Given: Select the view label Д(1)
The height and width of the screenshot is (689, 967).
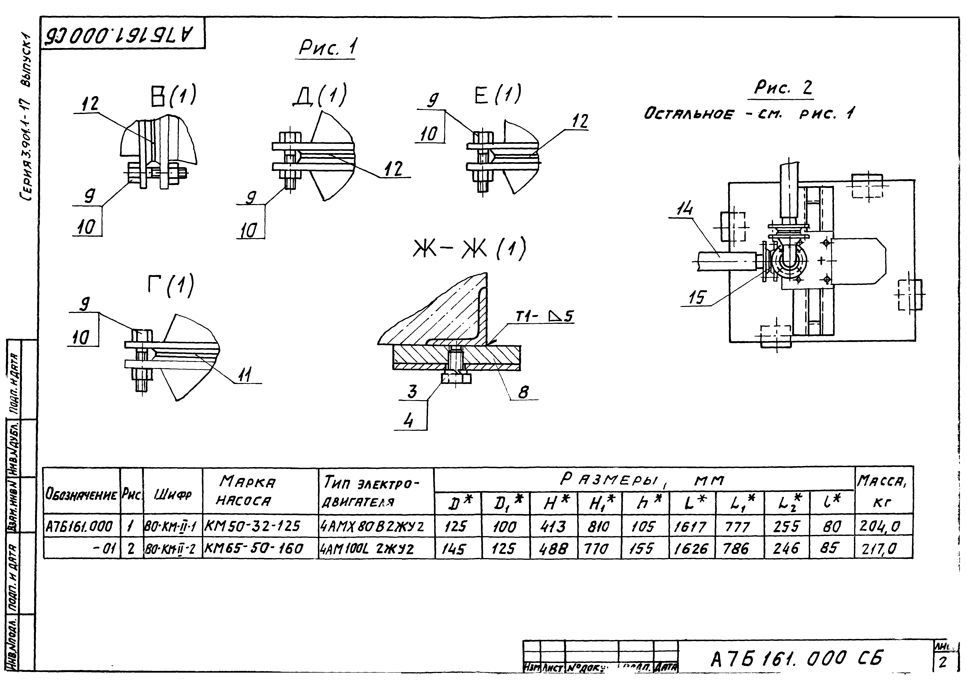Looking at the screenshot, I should (x=320, y=95).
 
